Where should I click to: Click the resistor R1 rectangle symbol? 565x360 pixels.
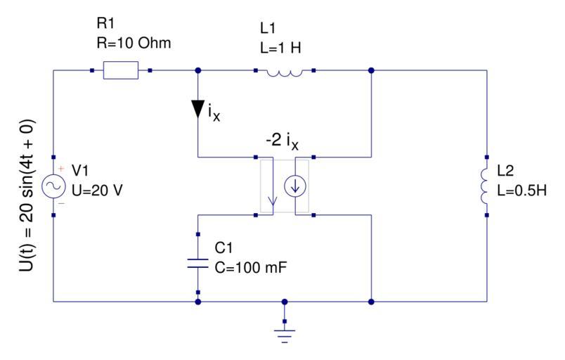coord(121,70)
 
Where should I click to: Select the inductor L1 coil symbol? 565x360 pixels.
coord(284,71)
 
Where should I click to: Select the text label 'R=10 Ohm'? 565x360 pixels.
coord(134,43)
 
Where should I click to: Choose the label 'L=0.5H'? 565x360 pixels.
coord(520,191)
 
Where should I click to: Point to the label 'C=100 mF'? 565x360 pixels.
coord(249,267)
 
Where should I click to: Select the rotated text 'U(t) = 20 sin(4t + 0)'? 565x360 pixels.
coord(27,186)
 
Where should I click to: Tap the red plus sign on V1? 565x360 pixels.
coord(60,169)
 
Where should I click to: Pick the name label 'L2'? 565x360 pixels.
coord(505,172)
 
